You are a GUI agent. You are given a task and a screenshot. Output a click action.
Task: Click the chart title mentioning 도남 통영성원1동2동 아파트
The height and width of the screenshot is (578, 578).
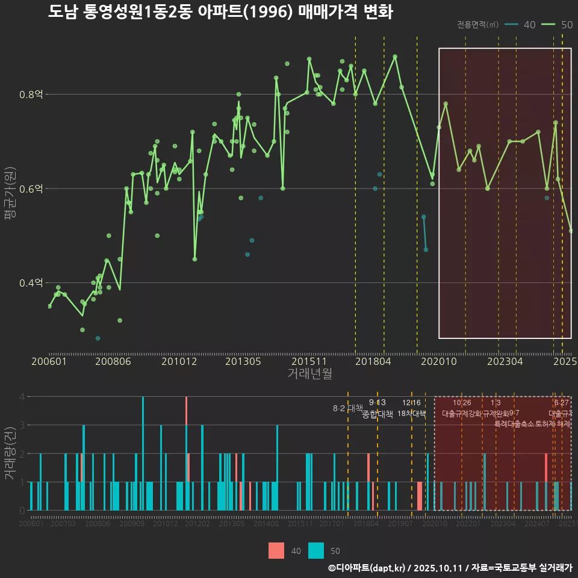click(220, 12)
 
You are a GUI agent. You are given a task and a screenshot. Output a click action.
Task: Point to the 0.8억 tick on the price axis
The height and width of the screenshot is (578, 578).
click(31, 95)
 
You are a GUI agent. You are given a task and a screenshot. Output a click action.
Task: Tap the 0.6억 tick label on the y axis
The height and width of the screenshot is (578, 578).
click(31, 188)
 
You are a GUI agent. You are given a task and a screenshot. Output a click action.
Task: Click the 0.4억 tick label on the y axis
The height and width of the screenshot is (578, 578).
click(31, 283)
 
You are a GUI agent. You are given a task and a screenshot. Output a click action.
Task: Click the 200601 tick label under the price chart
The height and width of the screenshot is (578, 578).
click(49, 361)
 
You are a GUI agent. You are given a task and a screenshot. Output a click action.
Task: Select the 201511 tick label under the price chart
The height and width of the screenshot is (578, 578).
click(308, 361)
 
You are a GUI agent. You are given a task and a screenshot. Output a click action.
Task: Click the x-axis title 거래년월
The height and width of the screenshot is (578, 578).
click(309, 373)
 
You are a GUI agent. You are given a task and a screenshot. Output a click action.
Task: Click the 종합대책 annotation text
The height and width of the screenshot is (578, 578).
click(378, 414)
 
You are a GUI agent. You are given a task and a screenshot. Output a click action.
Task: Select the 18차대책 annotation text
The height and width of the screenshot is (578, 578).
click(412, 414)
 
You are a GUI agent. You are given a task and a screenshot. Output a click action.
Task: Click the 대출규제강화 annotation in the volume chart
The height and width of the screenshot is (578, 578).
click(462, 414)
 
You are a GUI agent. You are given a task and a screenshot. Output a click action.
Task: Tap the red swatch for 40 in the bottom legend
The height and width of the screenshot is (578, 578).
click(276, 550)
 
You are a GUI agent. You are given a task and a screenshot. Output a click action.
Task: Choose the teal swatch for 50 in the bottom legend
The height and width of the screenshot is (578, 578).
click(316, 550)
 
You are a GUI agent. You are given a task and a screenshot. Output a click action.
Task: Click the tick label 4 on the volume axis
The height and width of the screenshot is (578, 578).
click(22, 397)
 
